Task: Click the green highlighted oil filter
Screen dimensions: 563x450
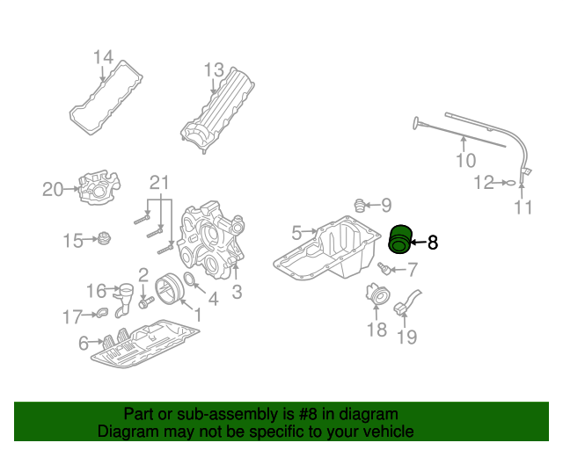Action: tap(399, 239)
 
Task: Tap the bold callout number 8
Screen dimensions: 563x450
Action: tap(433, 243)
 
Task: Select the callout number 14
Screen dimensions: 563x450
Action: tap(104, 57)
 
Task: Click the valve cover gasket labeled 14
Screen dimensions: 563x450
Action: tap(106, 98)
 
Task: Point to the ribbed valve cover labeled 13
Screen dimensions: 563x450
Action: tap(217, 110)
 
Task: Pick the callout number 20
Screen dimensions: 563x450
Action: tap(53, 189)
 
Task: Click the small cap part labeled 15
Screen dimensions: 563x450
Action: tap(104, 238)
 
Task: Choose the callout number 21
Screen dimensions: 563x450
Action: tap(159, 183)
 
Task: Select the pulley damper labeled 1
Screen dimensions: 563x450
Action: tap(169, 288)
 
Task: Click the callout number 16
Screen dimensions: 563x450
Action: tap(96, 291)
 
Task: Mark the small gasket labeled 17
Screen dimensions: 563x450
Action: tap(102, 313)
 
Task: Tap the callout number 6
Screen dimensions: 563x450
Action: tap(84, 343)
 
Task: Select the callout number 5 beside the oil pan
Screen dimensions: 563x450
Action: tap(296, 233)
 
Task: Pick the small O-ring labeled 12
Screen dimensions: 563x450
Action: tap(511, 183)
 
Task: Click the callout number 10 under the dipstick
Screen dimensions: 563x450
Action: tap(466, 161)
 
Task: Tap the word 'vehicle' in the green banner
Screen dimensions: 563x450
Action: tap(389, 431)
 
